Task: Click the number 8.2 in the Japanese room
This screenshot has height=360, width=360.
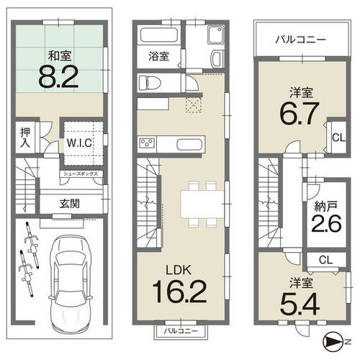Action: pos(58,77)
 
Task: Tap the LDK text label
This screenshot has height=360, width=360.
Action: pos(179,270)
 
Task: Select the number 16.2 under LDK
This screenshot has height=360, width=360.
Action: pos(179,292)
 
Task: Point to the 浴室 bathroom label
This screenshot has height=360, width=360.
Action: pos(158,56)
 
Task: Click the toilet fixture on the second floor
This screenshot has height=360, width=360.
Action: pos(150,83)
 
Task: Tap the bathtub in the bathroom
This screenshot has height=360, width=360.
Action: pos(159,35)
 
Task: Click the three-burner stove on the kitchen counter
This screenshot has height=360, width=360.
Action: pos(147,144)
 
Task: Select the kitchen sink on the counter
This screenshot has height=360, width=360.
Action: pos(189,145)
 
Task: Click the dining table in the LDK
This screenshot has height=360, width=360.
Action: pos(202,204)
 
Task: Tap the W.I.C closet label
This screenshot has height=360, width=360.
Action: pos(79,143)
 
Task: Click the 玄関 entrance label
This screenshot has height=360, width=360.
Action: pos(70,204)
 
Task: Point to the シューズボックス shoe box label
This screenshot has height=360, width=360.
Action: pos(81,174)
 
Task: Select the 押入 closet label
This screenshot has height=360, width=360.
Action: pos(25,138)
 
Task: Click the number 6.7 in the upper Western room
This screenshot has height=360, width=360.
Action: pos(300,114)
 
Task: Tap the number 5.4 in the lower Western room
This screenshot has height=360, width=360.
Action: pos(300,304)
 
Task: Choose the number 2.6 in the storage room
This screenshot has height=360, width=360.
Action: pos(326,223)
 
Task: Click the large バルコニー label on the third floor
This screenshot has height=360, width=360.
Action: pos(300,40)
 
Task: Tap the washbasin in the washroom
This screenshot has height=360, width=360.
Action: pos(217,59)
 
